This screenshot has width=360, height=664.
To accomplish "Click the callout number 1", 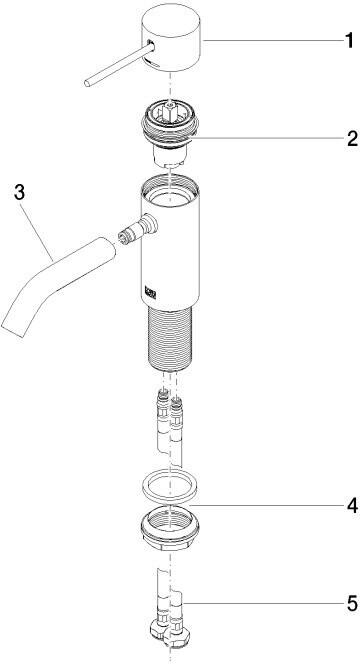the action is (x=349, y=41).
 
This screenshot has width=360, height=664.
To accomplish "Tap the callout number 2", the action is (x=352, y=138).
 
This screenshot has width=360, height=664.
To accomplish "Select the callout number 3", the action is (x=19, y=193).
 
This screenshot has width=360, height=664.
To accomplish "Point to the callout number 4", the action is (x=352, y=506).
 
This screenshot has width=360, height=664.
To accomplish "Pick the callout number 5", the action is (x=352, y=604).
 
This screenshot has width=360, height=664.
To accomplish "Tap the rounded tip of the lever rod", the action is (x=87, y=83).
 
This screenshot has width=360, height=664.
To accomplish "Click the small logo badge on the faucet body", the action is (x=151, y=293).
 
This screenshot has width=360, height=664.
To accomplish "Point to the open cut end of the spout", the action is (x=12, y=327).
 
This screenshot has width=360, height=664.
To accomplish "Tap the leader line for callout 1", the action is (x=273, y=40).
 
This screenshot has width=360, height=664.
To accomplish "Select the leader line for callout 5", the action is (x=263, y=603).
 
